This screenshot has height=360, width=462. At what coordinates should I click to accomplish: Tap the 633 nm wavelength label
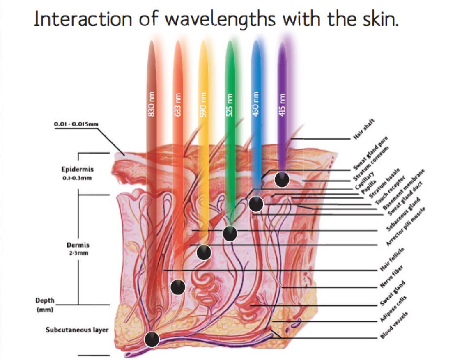click(x=178, y=105)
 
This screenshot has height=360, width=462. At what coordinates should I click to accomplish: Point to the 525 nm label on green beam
click(x=230, y=105)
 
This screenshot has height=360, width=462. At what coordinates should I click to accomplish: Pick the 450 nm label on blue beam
click(x=255, y=105)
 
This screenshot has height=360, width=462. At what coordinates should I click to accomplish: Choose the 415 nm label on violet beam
click(x=282, y=105)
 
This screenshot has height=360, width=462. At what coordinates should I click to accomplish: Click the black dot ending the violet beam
click(x=282, y=179)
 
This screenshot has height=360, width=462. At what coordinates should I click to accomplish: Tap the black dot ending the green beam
click(x=230, y=234)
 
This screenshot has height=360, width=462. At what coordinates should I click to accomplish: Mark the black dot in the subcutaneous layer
click(x=152, y=339)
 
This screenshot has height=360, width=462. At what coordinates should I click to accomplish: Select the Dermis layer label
click(x=78, y=245)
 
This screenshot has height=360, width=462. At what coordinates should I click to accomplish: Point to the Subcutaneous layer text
click(x=77, y=330)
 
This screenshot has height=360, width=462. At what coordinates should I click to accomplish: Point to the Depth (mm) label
click(x=45, y=305)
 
